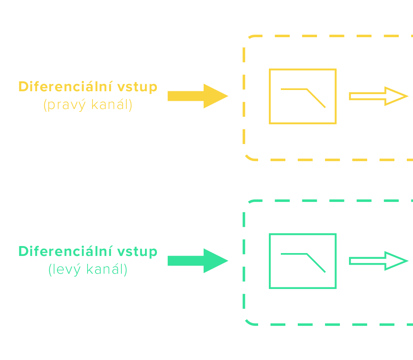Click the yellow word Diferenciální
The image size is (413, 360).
click(x=65, y=87)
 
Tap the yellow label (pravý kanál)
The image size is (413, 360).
click(x=88, y=105)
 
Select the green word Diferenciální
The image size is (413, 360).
click(x=65, y=251)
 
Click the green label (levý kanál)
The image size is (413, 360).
click(x=88, y=270)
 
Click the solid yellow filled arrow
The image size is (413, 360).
click(x=194, y=96)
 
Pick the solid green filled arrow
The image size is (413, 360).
click(x=194, y=261)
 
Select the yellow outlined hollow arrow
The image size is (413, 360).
click(x=378, y=96)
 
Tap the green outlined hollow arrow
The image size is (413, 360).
click(x=378, y=261)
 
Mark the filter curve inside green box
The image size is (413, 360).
click(x=306, y=260)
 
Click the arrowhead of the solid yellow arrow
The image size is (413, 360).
click(x=216, y=96)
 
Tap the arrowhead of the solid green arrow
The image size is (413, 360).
click(x=216, y=261)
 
